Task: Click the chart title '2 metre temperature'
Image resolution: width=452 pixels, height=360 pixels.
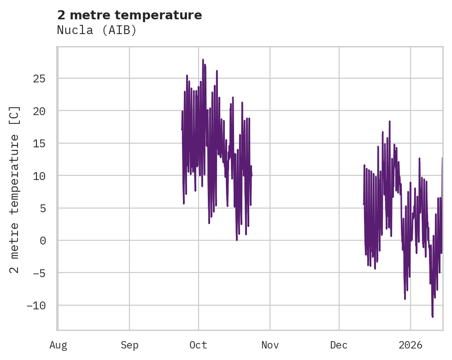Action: point(129,15)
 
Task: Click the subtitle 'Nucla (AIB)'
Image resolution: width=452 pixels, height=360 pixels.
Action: point(97,30)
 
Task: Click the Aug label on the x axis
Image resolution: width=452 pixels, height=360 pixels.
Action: point(58,345)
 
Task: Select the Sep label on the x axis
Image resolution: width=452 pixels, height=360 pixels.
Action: point(129,345)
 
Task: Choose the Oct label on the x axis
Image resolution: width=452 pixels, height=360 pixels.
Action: point(199,345)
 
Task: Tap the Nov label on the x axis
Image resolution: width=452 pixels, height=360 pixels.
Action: point(270,345)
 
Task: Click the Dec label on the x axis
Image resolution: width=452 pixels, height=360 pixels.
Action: point(339,345)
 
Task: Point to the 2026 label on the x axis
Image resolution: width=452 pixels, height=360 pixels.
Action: point(411,345)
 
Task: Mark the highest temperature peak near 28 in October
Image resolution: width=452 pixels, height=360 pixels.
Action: point(203,60)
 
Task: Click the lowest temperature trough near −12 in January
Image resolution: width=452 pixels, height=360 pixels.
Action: point(432,316)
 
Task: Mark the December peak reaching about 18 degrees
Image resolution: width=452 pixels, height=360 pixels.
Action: point(389,122)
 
